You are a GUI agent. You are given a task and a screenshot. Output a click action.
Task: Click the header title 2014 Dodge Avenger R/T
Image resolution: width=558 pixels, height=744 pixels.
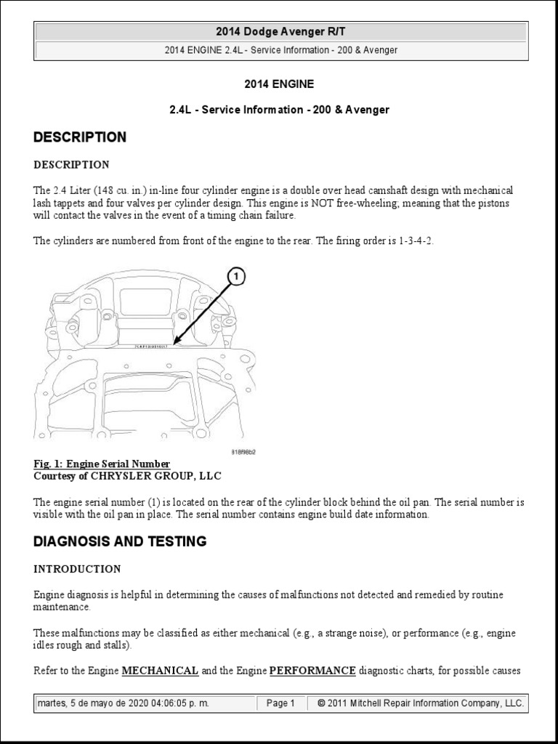[280, 31]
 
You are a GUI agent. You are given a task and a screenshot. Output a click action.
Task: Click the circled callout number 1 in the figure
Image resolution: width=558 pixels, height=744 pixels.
[237, 277]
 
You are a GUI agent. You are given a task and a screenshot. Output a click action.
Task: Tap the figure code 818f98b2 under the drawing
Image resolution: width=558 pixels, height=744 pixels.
[243, 451]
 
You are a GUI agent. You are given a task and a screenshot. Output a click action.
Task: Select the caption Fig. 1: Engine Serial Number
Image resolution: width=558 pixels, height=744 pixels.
[102, 464]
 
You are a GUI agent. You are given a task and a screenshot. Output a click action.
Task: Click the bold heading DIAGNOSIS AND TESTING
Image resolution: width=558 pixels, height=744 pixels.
[120, 541]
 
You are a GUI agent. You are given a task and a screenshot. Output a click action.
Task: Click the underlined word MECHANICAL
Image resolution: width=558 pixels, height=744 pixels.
[160, 671]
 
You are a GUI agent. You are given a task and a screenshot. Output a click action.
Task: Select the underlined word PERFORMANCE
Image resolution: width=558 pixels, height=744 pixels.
[312, 671]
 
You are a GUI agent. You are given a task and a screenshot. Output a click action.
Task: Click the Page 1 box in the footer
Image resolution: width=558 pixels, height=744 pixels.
[280, 703]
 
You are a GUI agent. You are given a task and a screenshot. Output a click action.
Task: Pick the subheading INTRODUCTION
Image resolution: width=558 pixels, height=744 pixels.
[77, 569]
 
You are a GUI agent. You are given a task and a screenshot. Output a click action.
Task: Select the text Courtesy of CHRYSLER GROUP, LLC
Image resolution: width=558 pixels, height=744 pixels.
[126, 476]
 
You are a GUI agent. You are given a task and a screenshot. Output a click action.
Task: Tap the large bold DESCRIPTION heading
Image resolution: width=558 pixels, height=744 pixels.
[80, 137]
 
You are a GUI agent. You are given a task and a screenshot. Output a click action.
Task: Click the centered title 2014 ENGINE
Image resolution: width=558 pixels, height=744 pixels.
[279, 84]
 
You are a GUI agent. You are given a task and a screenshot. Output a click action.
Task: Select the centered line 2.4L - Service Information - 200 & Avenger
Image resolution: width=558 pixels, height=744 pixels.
[279, 110]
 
